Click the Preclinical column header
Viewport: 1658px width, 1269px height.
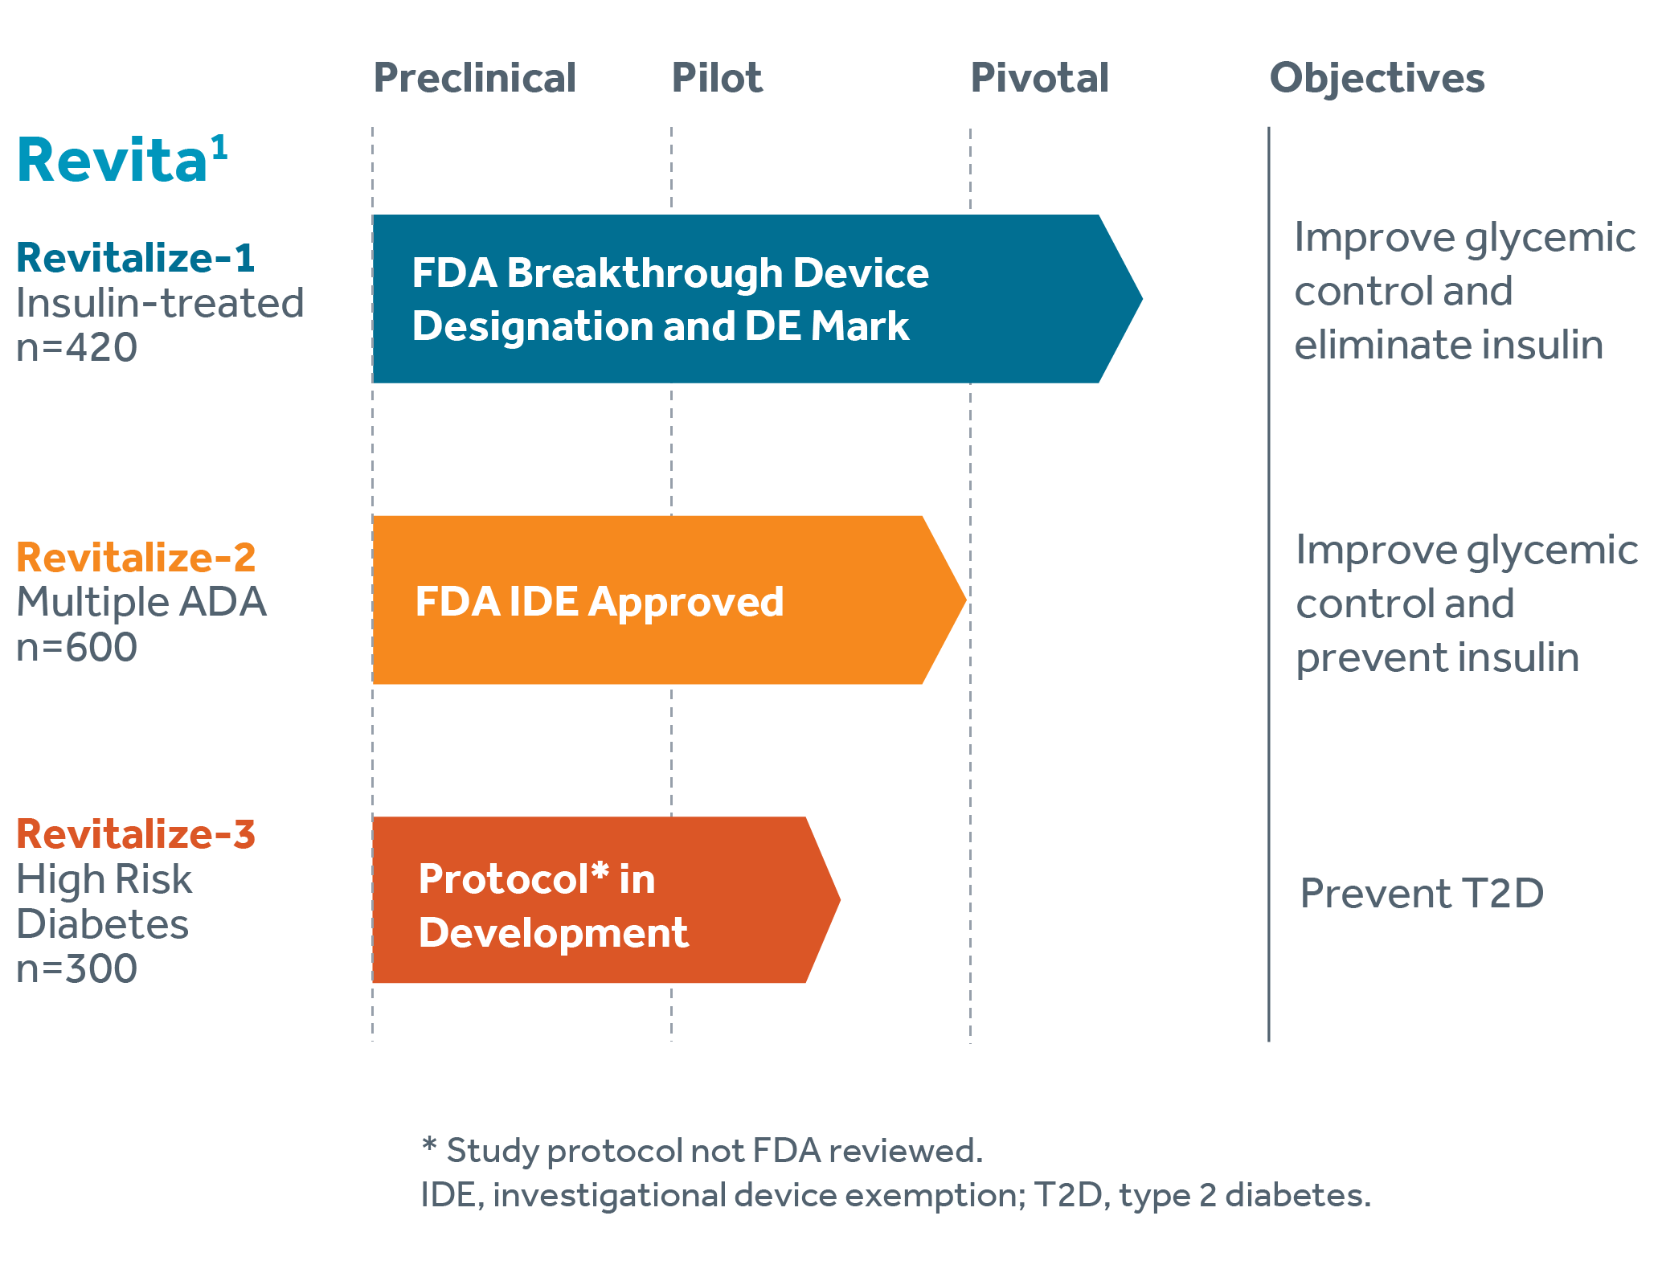tap(475, 79)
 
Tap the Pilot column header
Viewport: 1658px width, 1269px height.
tap(717, 79)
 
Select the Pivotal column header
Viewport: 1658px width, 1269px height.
tap(1039, 79)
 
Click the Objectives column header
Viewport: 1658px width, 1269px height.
tap(1377, 79)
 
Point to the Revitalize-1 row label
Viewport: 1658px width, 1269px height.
tap(135, 258)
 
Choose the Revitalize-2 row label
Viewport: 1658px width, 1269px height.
tap(136, 557)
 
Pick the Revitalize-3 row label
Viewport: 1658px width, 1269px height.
tap(136, 833)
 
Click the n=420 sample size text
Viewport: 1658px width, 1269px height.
tap(76, 348)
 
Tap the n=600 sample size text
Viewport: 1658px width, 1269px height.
tap(76, 647)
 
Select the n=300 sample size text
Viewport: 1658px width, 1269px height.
tap(76, 969)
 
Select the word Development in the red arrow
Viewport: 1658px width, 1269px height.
tap(553, 933)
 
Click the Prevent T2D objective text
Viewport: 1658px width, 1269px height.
tap(1422, 893)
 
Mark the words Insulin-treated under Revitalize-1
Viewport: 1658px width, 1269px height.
tap(160, 304)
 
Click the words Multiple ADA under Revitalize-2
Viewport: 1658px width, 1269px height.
tap(141, 602)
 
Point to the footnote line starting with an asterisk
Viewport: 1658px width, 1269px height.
tap(699, 1151)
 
